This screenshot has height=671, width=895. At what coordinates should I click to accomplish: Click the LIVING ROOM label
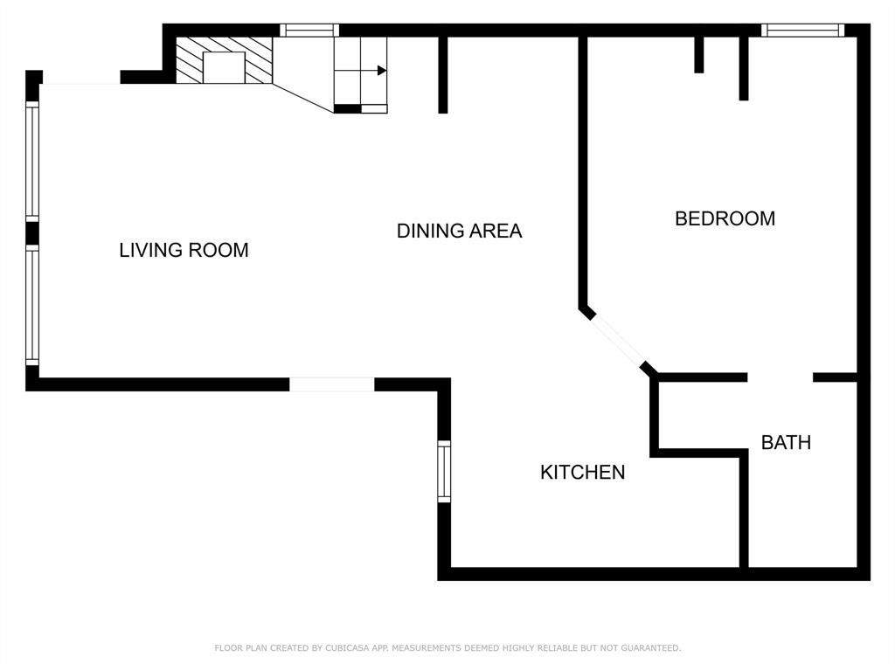tap(184, 251)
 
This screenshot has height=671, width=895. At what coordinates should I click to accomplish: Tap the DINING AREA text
tap(459, 232)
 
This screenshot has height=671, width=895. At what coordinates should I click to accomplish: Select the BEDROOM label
tap(725, 219)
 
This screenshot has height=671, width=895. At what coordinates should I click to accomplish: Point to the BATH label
tap(786, 443)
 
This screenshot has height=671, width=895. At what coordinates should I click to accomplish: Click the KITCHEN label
tap(582, 473)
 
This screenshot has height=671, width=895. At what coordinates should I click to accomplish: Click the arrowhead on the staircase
tap(381, 71)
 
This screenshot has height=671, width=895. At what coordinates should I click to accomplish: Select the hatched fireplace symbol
tap(224, 61)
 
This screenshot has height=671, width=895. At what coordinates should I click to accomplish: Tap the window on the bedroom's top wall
tap(802, 31)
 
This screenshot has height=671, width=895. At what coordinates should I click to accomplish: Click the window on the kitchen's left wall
tap(444, 472)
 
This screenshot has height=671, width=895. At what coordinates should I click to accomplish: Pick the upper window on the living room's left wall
tap(32, 161)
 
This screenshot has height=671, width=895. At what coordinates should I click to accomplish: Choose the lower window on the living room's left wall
tap(32, 304)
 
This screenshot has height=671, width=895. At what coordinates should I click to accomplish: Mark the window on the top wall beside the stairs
tap(309, 31)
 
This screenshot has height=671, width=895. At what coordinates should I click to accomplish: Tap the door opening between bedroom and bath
tap(780, 377)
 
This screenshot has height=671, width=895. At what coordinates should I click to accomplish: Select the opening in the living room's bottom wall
tap(331, 384)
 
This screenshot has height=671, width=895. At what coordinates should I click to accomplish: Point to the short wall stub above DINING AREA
tap(443, 75)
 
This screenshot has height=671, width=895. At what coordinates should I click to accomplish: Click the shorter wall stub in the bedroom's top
tap(699, 55)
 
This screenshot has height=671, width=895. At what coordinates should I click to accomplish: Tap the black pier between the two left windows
tap(32, 233)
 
